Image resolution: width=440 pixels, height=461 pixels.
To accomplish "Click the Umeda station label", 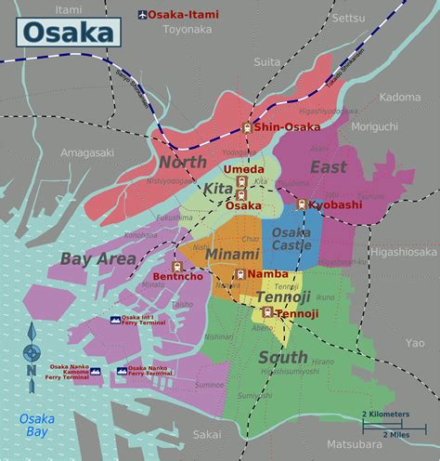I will tap(243, 170).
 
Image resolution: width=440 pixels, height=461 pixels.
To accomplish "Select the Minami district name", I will tap(226, 252).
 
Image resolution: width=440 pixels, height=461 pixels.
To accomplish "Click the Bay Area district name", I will tap(98, 258).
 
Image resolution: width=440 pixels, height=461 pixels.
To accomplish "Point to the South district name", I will tap(283, 357).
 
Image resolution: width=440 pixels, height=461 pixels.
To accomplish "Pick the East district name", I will tap(328, 168).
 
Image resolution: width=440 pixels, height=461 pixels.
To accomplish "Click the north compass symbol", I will tap(32, 351).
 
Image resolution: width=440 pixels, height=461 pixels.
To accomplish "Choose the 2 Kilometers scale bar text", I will tap(386, 413).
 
